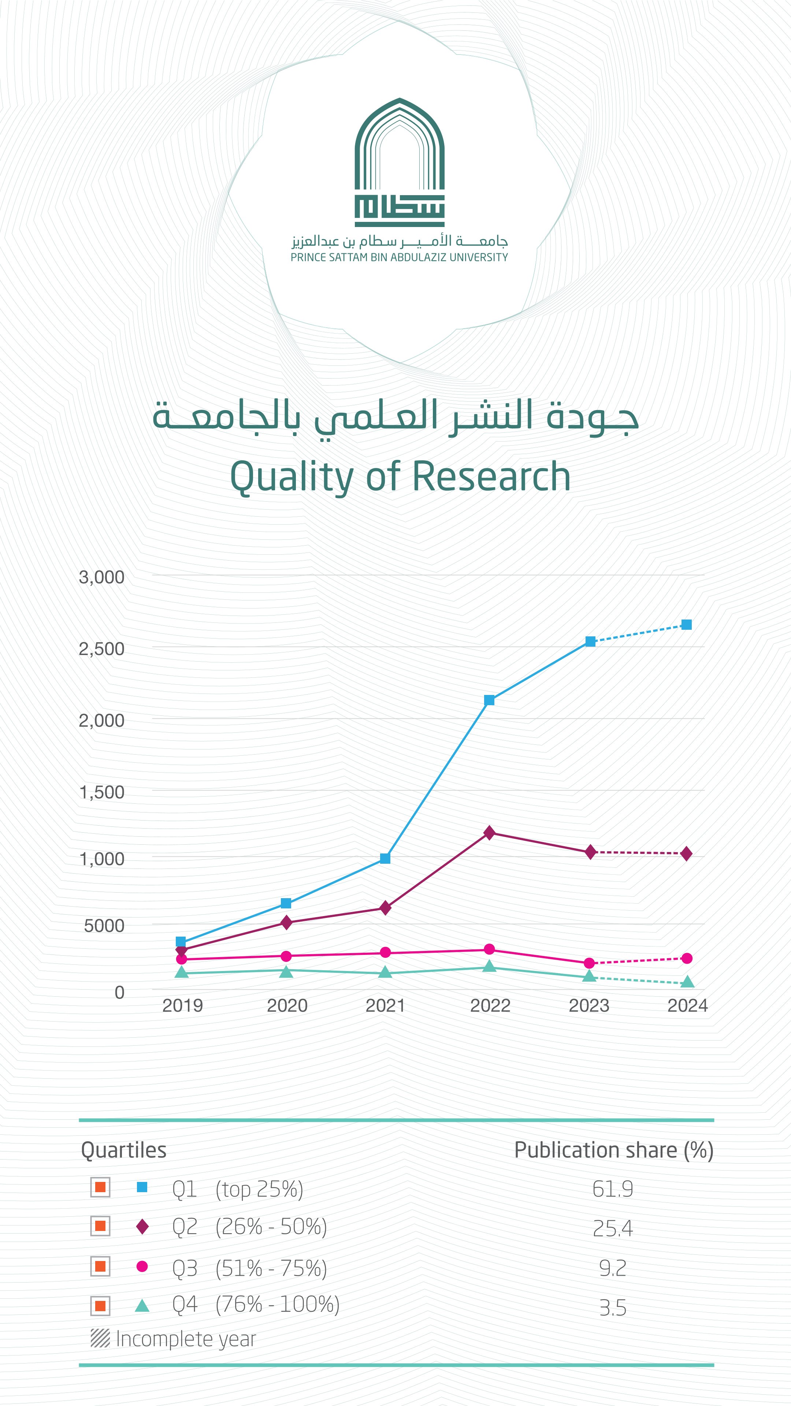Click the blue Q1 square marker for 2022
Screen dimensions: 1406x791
point(489,700)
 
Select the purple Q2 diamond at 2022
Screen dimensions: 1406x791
point(489,833)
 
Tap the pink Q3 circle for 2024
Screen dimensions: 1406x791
point(687,959)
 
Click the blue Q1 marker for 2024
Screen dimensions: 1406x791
point(687,625)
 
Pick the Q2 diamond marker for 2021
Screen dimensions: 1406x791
point(385,908)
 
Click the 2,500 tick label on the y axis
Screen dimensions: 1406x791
point(101,649)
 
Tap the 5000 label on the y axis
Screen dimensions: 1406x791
point(104,926)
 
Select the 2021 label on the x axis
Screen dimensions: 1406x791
point(385,1005)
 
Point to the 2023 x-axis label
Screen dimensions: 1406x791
point(588,1005)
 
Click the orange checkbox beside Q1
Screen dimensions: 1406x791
point(100,1187)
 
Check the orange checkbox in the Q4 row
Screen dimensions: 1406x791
point(100,1306)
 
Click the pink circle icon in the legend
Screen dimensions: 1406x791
point(142,1266)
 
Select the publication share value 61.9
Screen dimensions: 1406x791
point(613,1189)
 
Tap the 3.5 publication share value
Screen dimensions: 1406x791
point(613,1308)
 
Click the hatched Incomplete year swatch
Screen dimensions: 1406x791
point(100,1338)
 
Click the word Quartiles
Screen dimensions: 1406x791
point(123,1150)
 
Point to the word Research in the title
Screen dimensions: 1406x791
point(491,476)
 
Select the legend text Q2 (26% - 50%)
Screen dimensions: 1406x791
point(249,1227)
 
